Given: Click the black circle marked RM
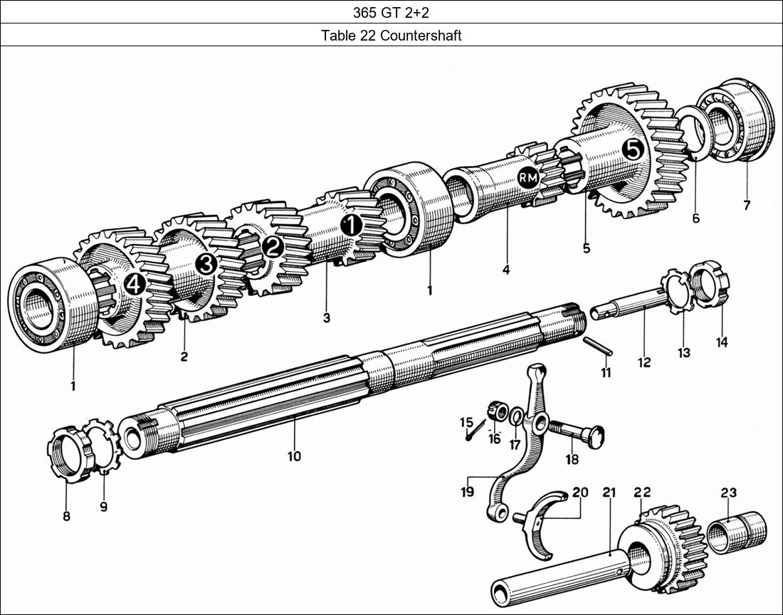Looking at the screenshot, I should tap(528, 177).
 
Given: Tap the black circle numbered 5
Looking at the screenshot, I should tap(632, 149).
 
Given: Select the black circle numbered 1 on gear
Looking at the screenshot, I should tap(351, 226).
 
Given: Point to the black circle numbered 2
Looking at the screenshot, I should tap(272, 247).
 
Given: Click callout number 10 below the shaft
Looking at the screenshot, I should tap(294, 456).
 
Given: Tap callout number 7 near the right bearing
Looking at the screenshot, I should tap(746, 206).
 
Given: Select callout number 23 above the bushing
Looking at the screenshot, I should tap(728, 493).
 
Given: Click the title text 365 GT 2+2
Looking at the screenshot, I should tap(391, 12).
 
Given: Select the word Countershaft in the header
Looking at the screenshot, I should tap(420, 36).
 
